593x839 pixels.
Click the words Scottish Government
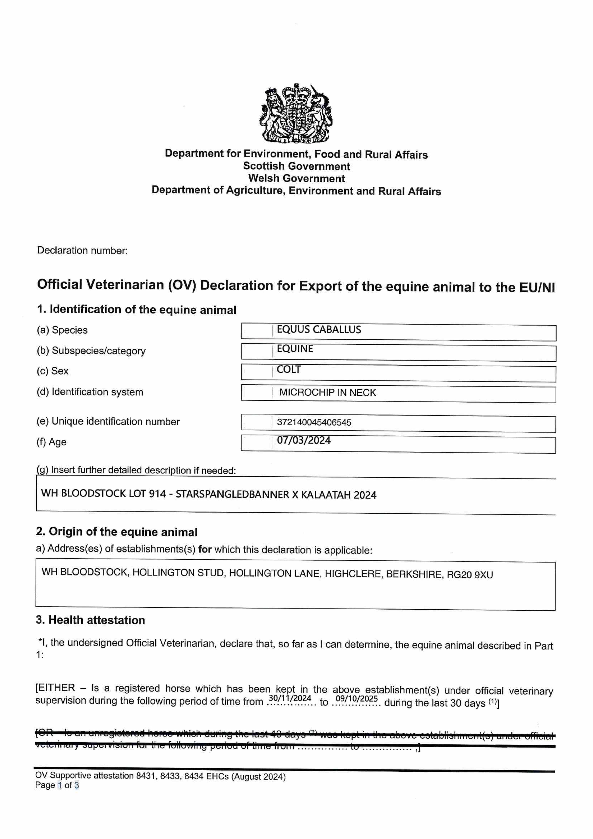(296, 166)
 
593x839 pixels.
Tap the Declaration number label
(83, 251)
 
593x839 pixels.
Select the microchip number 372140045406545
(314, 422)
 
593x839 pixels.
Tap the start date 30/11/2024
(290, 698)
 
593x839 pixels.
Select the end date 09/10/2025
(357, 699)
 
